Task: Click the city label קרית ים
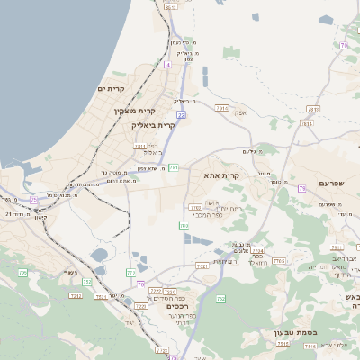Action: point(109,88)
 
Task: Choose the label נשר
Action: point(70,273)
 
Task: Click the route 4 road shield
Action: point(167,65)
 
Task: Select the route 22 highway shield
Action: point(181,114)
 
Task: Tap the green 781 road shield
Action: point(174,167)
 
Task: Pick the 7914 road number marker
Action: point(220,107)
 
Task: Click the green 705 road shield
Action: point(22,272)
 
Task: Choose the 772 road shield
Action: point(130,271)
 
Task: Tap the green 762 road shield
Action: point(220,299)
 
